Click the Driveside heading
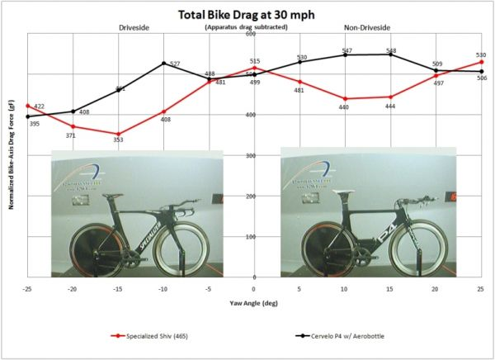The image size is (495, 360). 136,28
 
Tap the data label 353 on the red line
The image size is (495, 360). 119,140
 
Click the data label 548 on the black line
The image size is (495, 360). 391,51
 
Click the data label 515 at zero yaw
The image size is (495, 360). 255,61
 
